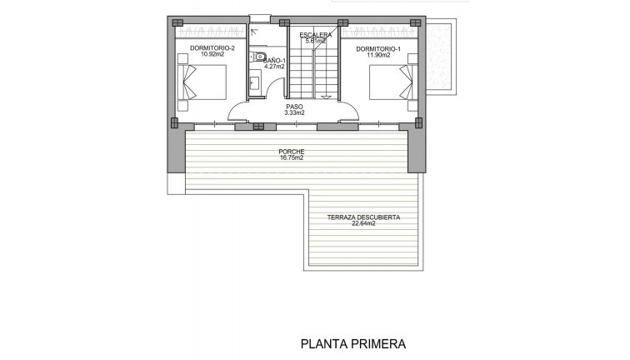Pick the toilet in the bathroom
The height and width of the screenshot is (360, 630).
[259, 56]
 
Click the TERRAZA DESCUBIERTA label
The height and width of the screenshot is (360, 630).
[363, 217]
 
